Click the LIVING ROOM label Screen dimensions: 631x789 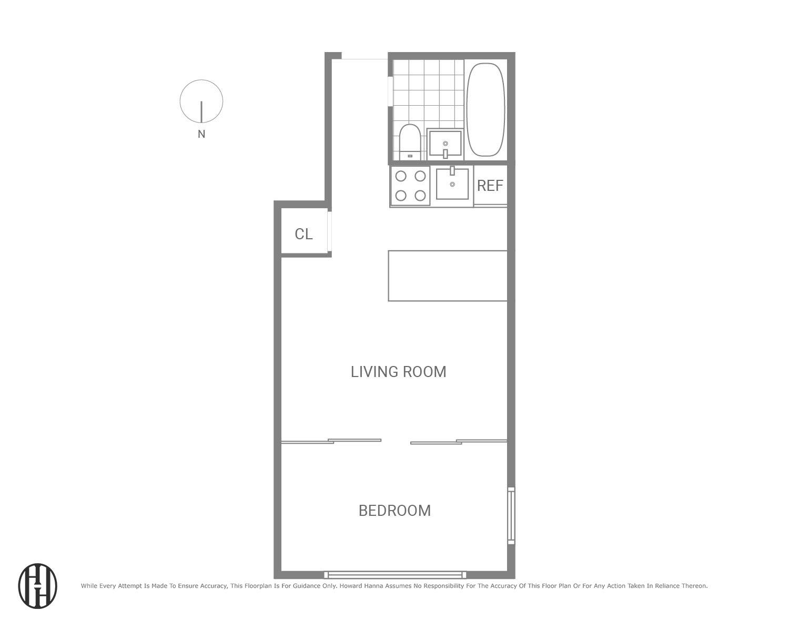point(398,372)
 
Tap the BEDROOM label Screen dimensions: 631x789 point(394,511)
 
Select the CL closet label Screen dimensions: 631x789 point(304,234)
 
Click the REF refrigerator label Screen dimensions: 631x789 point(490,186)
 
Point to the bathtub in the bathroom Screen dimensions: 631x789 point(485,110)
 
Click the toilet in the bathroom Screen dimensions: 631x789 point(409,141)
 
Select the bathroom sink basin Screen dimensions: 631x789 point(445,144)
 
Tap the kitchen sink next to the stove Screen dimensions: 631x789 point(452,184)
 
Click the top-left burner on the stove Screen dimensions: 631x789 point(401,176)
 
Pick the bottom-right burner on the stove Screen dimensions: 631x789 point(420,196)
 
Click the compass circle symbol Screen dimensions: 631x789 point(201,101)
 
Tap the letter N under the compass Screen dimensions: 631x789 point(201,134)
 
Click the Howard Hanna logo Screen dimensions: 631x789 point(38,586)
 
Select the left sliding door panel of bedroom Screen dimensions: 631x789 point(331,441)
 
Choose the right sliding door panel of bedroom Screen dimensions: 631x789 point(459,441)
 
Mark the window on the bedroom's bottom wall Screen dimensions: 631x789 point(394,575)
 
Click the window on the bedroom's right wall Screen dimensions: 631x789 point(511,515)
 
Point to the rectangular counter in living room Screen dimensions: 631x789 point(448,276)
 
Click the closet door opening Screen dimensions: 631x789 point(330,231)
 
